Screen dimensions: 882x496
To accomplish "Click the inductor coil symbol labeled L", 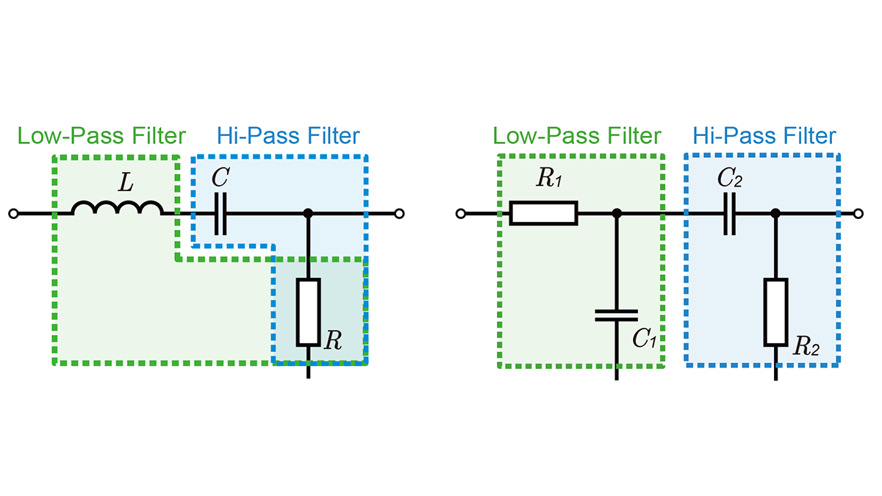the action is click(118, 207).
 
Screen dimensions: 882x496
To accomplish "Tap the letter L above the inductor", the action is click(126, 183).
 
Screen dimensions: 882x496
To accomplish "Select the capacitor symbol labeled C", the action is click(220, 214).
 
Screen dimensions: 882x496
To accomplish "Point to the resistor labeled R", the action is click(308, 312).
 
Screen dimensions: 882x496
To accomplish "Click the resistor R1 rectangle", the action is click(543, 213).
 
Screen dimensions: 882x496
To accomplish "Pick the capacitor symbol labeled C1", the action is click(616, 315).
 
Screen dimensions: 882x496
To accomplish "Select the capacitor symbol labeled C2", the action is click(730, 214).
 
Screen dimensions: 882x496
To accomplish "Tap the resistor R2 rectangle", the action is click(775, 312).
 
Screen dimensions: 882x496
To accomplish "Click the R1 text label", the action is click(549, 178).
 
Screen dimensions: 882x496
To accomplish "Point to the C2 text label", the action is click(730, 178).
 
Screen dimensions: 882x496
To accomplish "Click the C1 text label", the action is click(644, 338).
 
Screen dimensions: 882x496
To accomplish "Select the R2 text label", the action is click(806, 346).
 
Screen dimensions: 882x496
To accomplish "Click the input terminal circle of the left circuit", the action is click(13, 214).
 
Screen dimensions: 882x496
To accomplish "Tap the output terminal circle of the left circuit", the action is click(399, 214).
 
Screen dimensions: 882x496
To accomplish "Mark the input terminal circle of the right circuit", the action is click(461, 214).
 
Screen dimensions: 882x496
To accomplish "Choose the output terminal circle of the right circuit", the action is click(858, 214).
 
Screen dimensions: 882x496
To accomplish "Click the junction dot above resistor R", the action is click(308, 214).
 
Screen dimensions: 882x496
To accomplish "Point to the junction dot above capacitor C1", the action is click(617, 214).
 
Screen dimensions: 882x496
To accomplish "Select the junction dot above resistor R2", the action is click(775, 214).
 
